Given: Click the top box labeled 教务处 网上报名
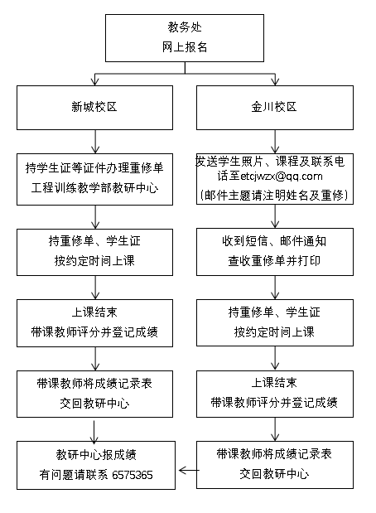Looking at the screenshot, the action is click(185, 38).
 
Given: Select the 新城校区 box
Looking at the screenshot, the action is click(94, 108).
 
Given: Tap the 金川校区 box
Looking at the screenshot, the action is click(275, 108).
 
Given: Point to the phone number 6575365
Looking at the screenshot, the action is click(133, 475).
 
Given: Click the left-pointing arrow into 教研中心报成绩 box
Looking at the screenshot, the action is click(189, 471).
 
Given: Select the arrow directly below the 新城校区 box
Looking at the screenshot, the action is click(95, 142).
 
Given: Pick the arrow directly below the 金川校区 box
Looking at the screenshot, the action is click(275, 142).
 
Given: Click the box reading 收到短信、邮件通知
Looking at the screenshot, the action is click(275, 252).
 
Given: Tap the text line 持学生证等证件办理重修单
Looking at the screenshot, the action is click(94, 168).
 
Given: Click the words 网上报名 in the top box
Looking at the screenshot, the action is click(185, 47).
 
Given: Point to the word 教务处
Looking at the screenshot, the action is click(185, 27).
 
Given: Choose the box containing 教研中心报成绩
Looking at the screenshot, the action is click(96, 465).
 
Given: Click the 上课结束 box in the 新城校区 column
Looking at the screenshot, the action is click(94, 323).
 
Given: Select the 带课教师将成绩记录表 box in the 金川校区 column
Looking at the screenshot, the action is click(275, 465).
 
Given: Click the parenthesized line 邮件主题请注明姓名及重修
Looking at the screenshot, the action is click(274, 196).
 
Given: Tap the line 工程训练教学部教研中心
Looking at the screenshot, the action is click(94, 188).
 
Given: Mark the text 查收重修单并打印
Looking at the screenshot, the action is click(274, 261).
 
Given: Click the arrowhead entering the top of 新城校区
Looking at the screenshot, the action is click(94, 81).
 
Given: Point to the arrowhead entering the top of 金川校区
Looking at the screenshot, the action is click(275, 81).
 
